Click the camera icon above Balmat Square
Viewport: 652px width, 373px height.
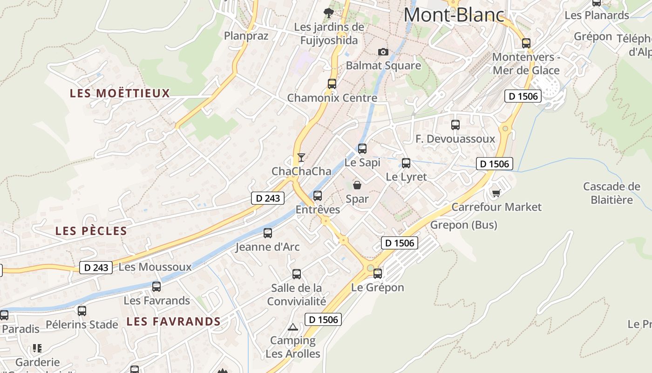pos(383,52)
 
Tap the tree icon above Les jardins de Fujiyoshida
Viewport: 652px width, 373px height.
pos(329,13)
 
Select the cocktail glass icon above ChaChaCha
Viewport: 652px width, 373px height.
pos(301,157)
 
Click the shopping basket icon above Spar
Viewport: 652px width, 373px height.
pos(357,185)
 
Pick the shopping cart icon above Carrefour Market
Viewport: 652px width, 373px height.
pos(496,193)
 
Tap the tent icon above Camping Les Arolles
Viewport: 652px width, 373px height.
pos(292,327)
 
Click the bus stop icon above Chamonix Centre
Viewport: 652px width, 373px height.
pos(332,84)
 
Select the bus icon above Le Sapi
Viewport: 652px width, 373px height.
pos(362,149)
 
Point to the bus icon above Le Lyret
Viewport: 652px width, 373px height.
pos(406,163)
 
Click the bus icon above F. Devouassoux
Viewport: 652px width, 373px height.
pos(455,125)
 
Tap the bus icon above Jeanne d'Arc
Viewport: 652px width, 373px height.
pos(268,233)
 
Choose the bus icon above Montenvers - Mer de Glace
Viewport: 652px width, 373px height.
pos(526,43)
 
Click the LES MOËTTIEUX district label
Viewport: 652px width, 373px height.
pos(120,93)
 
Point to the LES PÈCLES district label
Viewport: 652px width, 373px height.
pos(91,231)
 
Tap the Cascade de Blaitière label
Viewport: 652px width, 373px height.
pos(611,193)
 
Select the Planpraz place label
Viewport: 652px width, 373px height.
pos(246,36)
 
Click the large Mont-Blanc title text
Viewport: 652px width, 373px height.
pos(454,15)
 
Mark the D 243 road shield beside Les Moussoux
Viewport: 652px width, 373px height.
pos(96,268)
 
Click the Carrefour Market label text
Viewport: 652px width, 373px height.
pos(496,207)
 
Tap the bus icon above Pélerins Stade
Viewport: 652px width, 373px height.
pos(82,311)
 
